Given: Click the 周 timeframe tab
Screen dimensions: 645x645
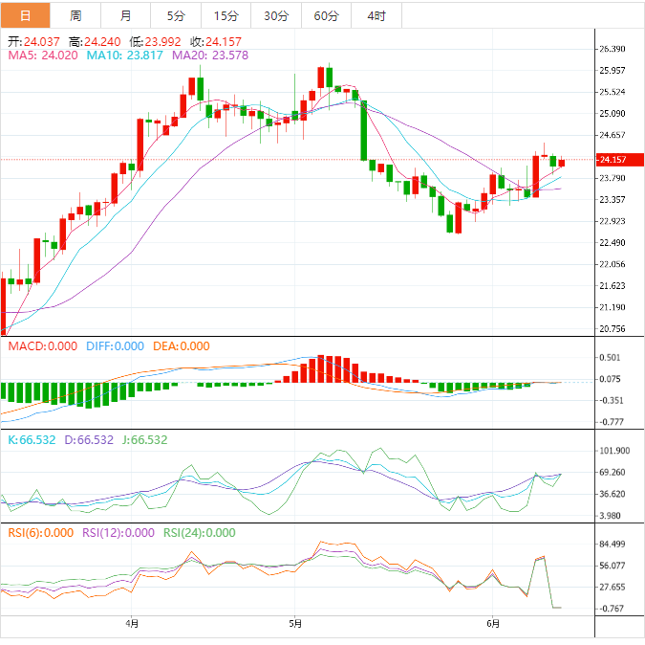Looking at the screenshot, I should click(75, 15).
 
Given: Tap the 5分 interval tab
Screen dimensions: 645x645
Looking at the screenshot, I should click(177, 15).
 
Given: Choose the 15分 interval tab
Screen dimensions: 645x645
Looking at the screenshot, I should click(226, 15).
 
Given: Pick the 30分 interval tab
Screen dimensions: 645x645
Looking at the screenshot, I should click(276, 15).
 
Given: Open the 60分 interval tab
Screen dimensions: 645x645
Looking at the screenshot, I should click(326, 15).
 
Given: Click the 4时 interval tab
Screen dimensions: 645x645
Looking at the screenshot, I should click(376, 15).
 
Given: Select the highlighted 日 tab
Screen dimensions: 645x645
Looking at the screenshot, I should click(25, 15).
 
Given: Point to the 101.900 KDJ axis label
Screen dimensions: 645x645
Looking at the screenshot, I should click(612, 451).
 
